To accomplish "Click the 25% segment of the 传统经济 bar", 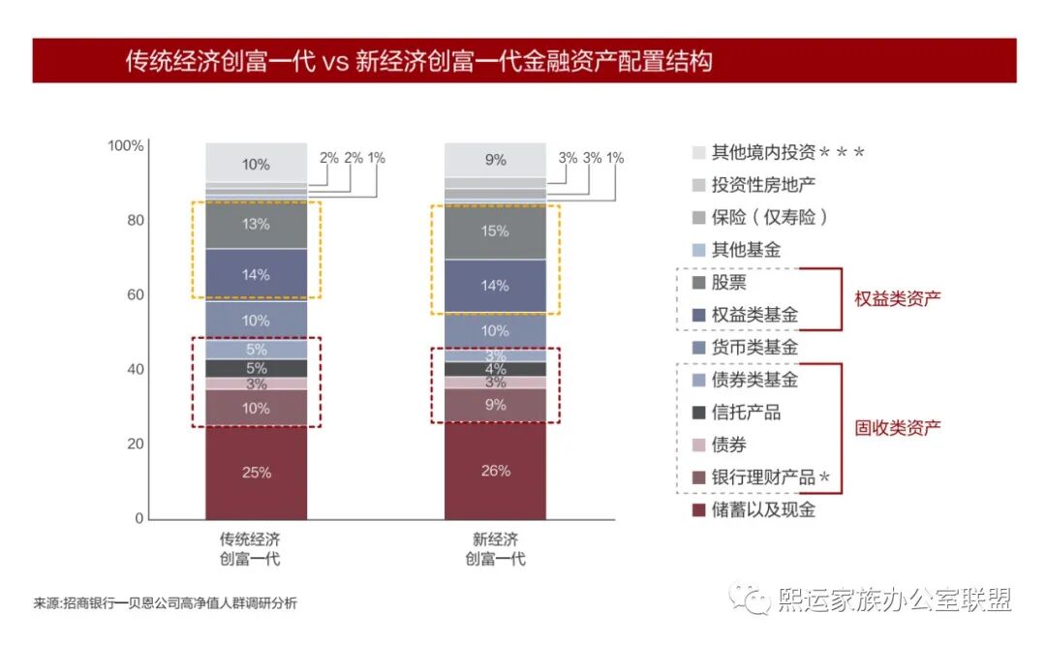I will coord(256,473).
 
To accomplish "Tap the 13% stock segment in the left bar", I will coord(256,224).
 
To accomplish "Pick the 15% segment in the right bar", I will coord(495,231).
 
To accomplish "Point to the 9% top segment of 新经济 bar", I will coord(495,160).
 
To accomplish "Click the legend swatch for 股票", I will coord(699,283).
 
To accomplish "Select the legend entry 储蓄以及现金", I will coord(751,509).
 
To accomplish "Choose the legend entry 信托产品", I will coord(746,413).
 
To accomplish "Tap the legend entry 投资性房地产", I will coord(751,185).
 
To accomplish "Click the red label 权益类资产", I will coord(898,298).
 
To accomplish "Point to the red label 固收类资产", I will coord(898,427).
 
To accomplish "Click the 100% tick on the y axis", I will coord(125,146).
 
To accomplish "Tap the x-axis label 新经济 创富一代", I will coord(495,549).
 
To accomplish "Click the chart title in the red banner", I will coord(418,61).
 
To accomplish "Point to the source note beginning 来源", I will coord(165,603).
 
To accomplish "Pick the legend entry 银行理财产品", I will coord(763,477).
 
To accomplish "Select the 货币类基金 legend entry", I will coord(754,347).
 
